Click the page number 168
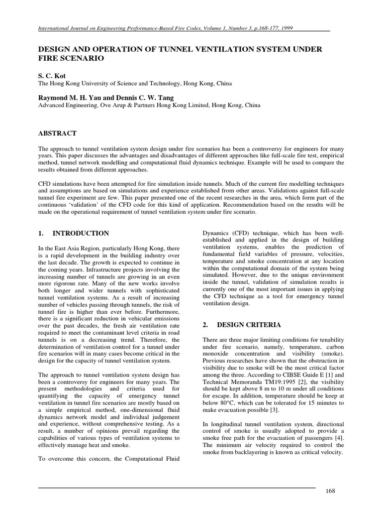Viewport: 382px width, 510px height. point(331,491)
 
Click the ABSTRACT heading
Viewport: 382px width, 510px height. point(58,133)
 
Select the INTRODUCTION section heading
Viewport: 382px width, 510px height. point(81,233)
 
